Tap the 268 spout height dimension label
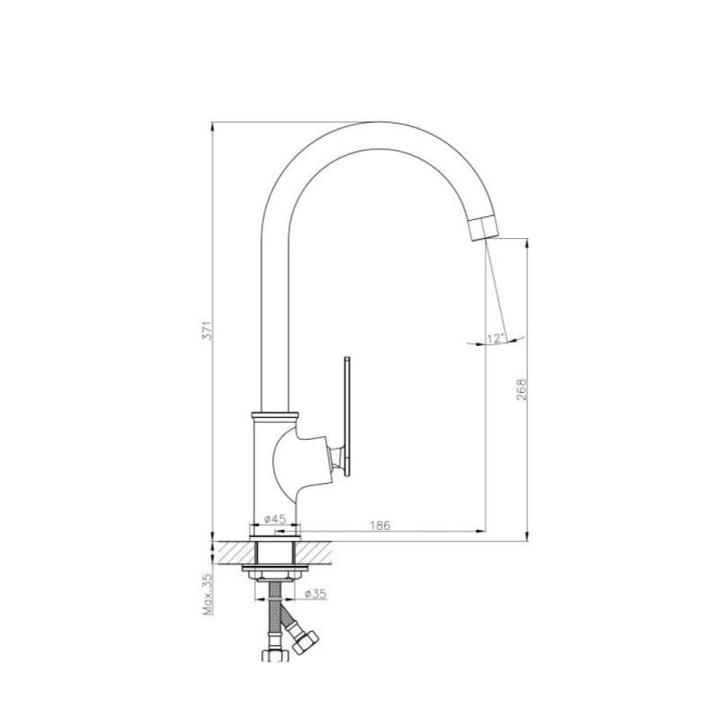point(521,389)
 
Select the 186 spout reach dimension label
point(379,525)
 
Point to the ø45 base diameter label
point(275,519)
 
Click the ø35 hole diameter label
point(315,594)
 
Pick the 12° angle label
point(496,339)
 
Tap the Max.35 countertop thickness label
point(208,595)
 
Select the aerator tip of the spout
point(481,228)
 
